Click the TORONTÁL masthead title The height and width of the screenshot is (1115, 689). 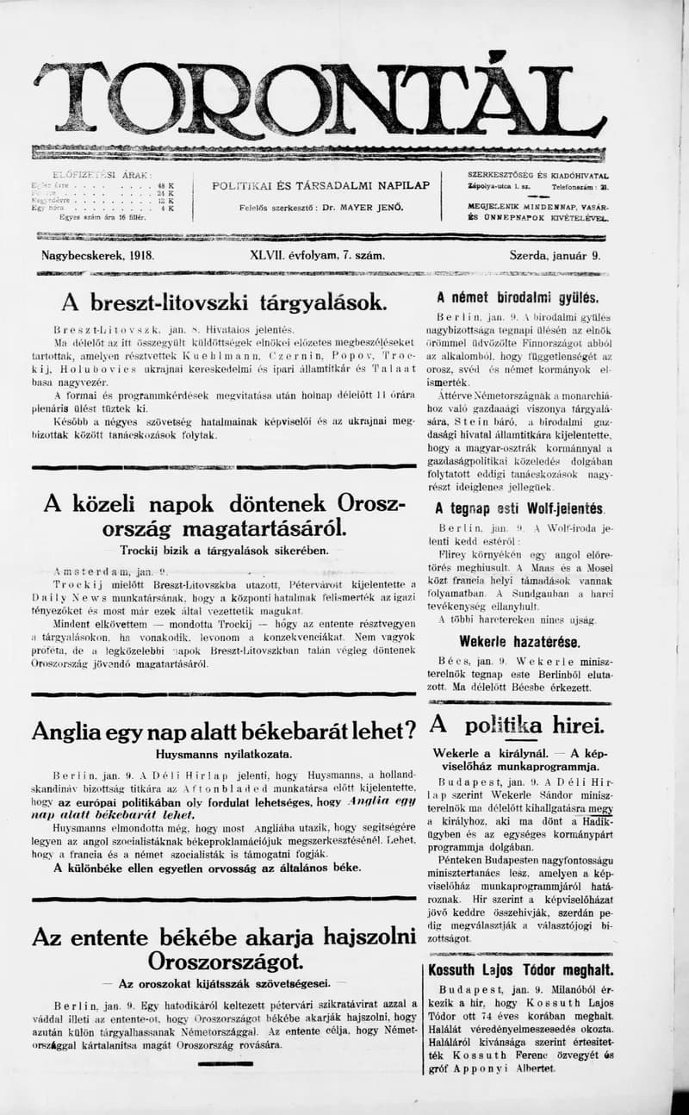pos(319,99)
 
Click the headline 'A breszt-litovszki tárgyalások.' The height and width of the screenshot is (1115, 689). pos(224,303)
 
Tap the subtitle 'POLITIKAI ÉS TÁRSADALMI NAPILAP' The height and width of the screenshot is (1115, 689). pos(321,185)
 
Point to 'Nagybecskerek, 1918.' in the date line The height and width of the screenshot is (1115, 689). pos(97,256)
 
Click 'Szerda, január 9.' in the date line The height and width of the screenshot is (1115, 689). pos(556,256)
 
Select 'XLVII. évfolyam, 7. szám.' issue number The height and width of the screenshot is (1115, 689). pos(317,256)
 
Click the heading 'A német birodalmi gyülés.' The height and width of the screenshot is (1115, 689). pos(518,298)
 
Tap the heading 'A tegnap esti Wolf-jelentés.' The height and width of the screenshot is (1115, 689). pos(519,508)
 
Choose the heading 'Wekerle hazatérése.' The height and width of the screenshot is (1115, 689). pos(519,641)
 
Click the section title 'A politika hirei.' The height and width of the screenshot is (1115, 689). pos(517,724)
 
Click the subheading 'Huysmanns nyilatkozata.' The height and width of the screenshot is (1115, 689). pos(224,753)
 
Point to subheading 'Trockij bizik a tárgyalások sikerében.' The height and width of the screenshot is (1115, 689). pos(224,551)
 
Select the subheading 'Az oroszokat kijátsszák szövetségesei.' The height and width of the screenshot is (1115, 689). pos(224,983)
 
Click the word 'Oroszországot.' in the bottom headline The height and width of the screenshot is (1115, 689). pos(224,961)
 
